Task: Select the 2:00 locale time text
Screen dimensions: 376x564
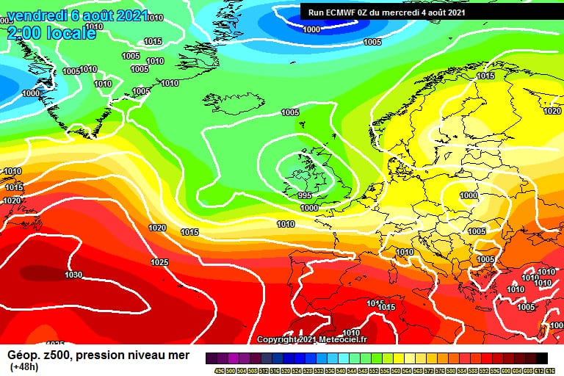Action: (x=51, y=33)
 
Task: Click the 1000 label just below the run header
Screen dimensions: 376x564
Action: (x=311, y=29)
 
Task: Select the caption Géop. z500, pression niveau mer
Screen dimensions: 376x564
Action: (x=98, y=355)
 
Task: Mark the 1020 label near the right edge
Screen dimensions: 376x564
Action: (x=552, y=111)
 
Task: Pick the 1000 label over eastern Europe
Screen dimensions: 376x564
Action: (x=469, y=195)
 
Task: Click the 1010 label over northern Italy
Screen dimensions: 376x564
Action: (x=405, y=252)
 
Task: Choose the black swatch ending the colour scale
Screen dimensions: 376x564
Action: (x=541, y=358)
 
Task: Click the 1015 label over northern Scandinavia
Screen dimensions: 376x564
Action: (x=485, y=76)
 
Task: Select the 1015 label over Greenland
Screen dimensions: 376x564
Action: (x=153, y=42)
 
